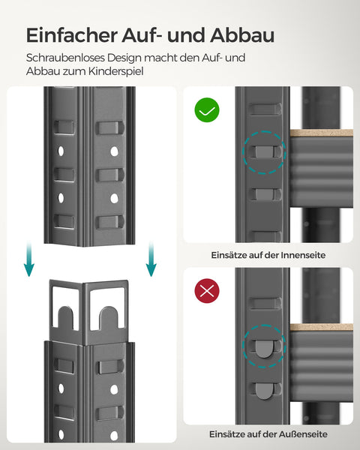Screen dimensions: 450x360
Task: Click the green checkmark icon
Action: click(207, 112)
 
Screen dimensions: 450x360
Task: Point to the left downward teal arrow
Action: click(28, 258)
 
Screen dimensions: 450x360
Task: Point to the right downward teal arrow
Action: click(151, 258)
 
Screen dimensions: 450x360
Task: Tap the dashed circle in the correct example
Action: click(264, 154)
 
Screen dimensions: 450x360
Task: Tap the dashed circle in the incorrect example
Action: click(264, 346)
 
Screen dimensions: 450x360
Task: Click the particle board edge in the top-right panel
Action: click(321, 133)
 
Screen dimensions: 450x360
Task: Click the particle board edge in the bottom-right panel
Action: click(321, 327)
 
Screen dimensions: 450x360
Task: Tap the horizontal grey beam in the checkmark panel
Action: click(321, 172)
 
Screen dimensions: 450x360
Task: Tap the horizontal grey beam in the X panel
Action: click(321, 367)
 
